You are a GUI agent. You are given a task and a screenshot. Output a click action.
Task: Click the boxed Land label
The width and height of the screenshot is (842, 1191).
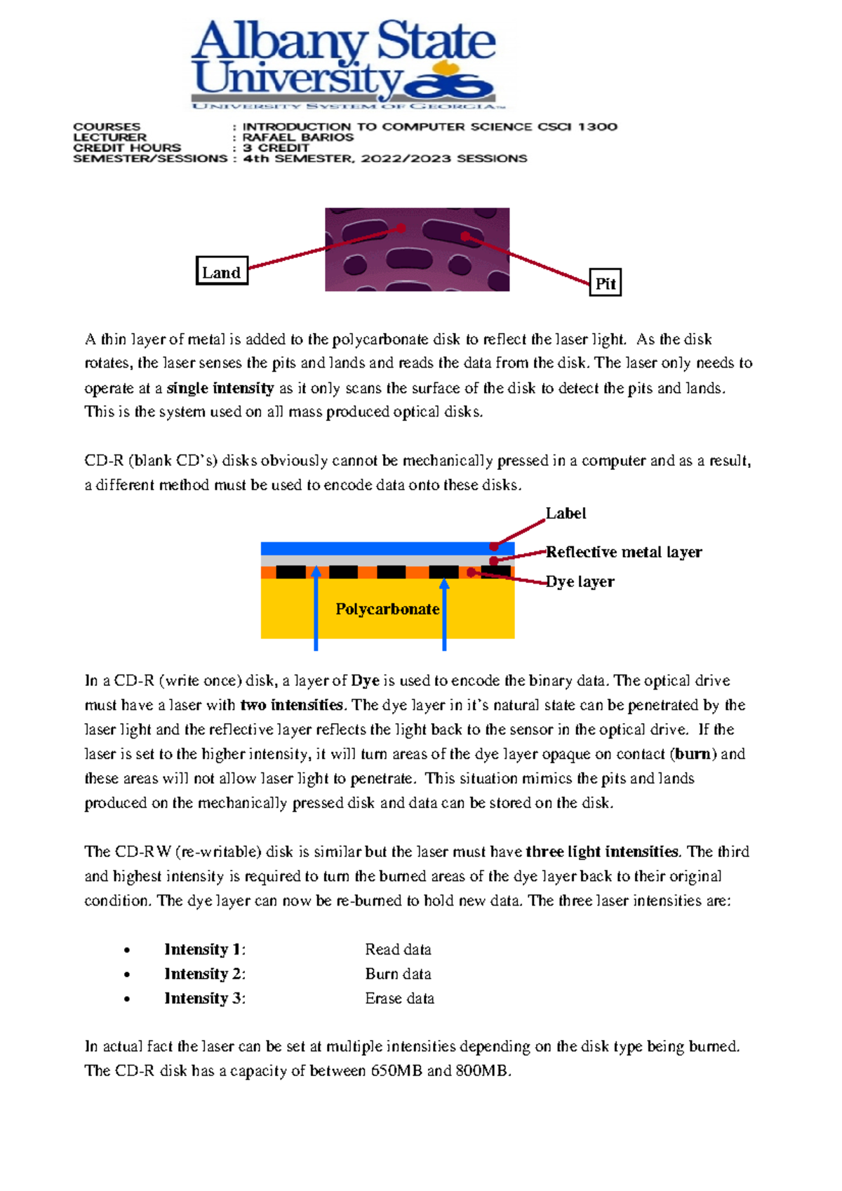point(222,271)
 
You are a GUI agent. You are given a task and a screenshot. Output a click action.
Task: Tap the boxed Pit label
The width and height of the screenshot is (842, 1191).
point(605,283)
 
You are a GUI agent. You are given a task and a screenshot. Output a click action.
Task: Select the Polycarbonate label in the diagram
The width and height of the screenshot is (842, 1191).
point(387,609)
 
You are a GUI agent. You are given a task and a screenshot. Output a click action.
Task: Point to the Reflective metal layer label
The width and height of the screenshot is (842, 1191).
point(624,552)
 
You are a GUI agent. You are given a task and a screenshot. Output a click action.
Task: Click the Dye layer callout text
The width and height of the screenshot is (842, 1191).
point(580,581)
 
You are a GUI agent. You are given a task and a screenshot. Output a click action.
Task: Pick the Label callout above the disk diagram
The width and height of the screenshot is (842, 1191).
point(566,513)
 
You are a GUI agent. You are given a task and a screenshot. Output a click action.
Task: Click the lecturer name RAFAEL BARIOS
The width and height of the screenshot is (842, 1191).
point(298,137)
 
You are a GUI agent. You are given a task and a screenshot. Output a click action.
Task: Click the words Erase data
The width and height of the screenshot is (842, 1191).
point(399,998)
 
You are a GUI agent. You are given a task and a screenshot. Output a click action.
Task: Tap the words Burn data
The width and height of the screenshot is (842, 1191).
point(398,974)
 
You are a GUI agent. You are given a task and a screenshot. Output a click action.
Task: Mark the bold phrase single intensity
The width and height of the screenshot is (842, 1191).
point(220,388)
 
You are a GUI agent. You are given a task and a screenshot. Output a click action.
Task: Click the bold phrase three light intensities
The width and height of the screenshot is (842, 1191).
point(602,852)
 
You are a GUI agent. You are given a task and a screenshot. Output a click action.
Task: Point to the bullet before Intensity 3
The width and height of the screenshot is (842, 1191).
point(127,999)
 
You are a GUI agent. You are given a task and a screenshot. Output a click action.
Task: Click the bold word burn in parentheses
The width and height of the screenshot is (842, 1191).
point(693,754)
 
